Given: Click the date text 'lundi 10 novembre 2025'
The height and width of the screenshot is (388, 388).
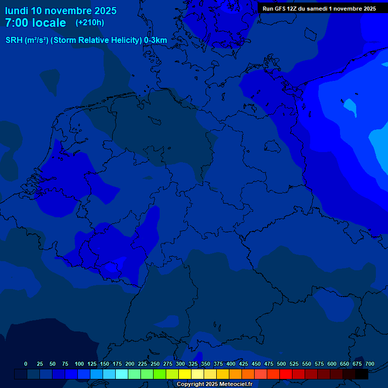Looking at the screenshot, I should pos(61,11).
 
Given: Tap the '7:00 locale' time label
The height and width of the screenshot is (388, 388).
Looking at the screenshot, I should pos(35,23).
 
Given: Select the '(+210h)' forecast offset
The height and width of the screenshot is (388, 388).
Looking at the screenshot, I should pos(90,23).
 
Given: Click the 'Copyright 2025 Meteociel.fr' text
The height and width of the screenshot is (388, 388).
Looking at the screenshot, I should pos(214,384).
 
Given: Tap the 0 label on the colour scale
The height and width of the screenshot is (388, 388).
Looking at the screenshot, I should pos(26,364).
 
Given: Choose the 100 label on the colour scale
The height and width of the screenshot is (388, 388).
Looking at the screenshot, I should pos(79,364).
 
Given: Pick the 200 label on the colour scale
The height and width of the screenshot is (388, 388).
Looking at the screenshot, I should pos(130,364).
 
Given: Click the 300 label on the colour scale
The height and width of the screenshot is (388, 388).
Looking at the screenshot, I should pos(180,364).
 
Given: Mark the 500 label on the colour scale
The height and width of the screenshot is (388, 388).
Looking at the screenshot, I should pos(281,364).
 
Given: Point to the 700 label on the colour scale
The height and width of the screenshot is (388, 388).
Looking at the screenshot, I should pos(370,364).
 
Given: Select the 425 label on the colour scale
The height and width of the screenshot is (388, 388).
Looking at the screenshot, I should pos(244,364).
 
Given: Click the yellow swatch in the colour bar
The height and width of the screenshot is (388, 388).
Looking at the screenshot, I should pos(185,374).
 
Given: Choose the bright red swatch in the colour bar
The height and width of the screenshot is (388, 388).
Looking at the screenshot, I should pos(286,374).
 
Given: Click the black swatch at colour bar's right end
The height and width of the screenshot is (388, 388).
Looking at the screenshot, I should pos(362,374).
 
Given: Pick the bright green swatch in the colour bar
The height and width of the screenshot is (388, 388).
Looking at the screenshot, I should pos(160,374).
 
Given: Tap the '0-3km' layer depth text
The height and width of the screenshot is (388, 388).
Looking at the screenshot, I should pos(156,40).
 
